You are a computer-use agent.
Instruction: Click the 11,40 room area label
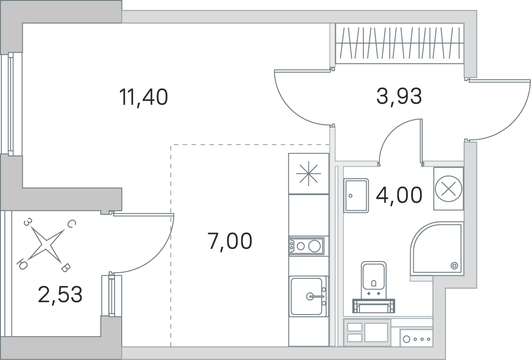click(x=143, y=97)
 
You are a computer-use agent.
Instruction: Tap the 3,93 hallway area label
click(x=399, y=96)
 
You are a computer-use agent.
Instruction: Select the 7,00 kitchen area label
click(x=230, y=241)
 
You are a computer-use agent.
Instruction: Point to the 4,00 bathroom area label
click(x=399, y=195)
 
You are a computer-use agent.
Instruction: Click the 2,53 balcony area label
click(x=60, y=295)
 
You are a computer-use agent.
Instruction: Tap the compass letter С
click(x=71, y=224)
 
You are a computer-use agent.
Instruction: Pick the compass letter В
click(x=66, y=269)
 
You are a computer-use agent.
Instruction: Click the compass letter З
click(x=28, y=222)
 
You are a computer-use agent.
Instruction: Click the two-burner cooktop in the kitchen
click(x=306, y=245)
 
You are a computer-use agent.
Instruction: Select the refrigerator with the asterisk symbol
click(x=309, y=174)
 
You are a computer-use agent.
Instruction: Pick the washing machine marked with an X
click(x=449, y=189)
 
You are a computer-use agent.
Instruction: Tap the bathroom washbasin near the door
click(x=356, y=196)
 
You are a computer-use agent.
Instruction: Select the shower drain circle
click(x=454, y=266)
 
